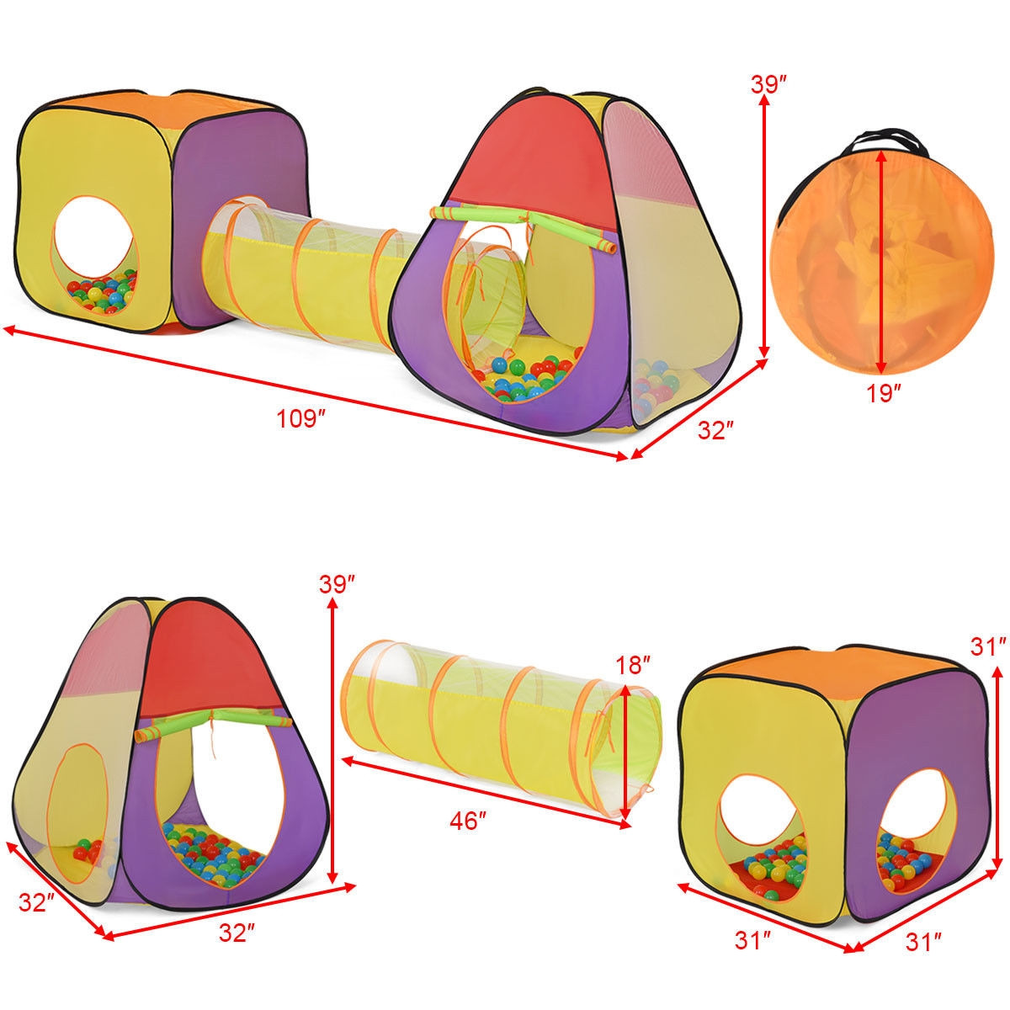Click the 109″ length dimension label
tap(301, 417)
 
